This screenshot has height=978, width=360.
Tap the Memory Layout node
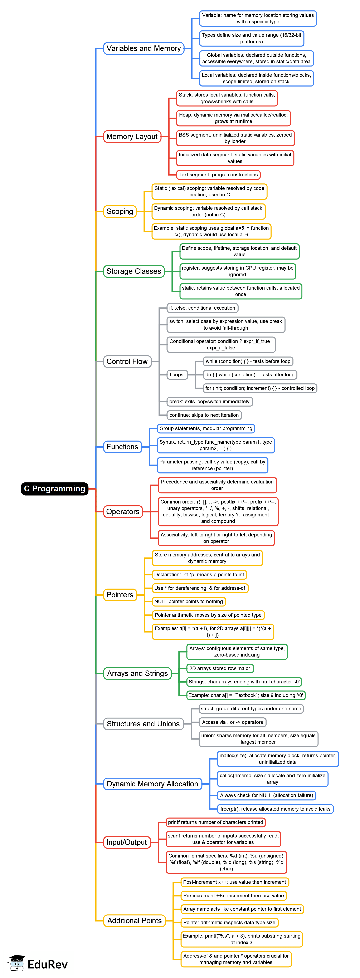pyautogui.click(x=132, y=137)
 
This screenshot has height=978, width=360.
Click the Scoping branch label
pyautogui.click(x=120, y=211)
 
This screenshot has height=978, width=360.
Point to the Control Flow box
pyautogui.click(x=127, y=362)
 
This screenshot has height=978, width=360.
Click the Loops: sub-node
pyautogui.click(x=177, y=375)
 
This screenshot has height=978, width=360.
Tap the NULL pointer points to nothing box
pyautogui.click(x=189, y=601)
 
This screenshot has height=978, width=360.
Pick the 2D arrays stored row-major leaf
pyautogui.click(x=219, y=668)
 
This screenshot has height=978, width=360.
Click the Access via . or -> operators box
pyautogui.click(x=232, y=722)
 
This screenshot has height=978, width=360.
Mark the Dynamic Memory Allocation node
pyautogui.click(x=152, y=784)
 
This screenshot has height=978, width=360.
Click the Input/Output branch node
pyautogui.click(x=126, y=842)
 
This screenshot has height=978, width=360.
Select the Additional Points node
pyautogui.click(x=135, y=921)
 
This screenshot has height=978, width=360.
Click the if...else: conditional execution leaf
pyautogui.click(x=202, y=308)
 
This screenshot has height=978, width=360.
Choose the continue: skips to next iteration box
pyautogui.click(x=204, y=415)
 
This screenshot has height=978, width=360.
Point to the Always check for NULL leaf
pyautogui.click(x=267, y=795)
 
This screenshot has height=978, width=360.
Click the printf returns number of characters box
pyautogui.click(x=215, y=822)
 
